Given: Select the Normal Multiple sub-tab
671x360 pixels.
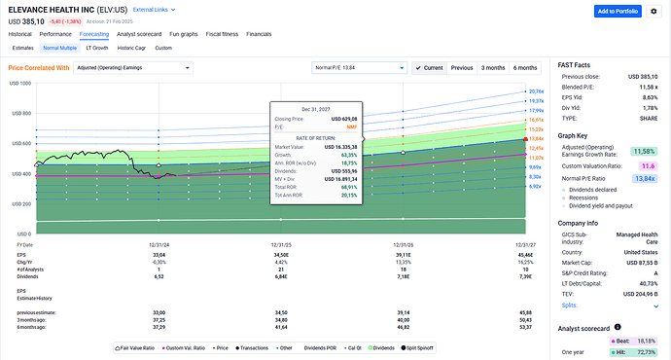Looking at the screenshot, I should point(58,47).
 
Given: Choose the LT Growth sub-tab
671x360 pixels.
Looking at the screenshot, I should point(97,47).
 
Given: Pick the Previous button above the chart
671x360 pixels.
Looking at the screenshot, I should point(462,68).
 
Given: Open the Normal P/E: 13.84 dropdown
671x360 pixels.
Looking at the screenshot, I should point(358,68).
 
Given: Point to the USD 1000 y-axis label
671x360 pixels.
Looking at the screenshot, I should point(19,84).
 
